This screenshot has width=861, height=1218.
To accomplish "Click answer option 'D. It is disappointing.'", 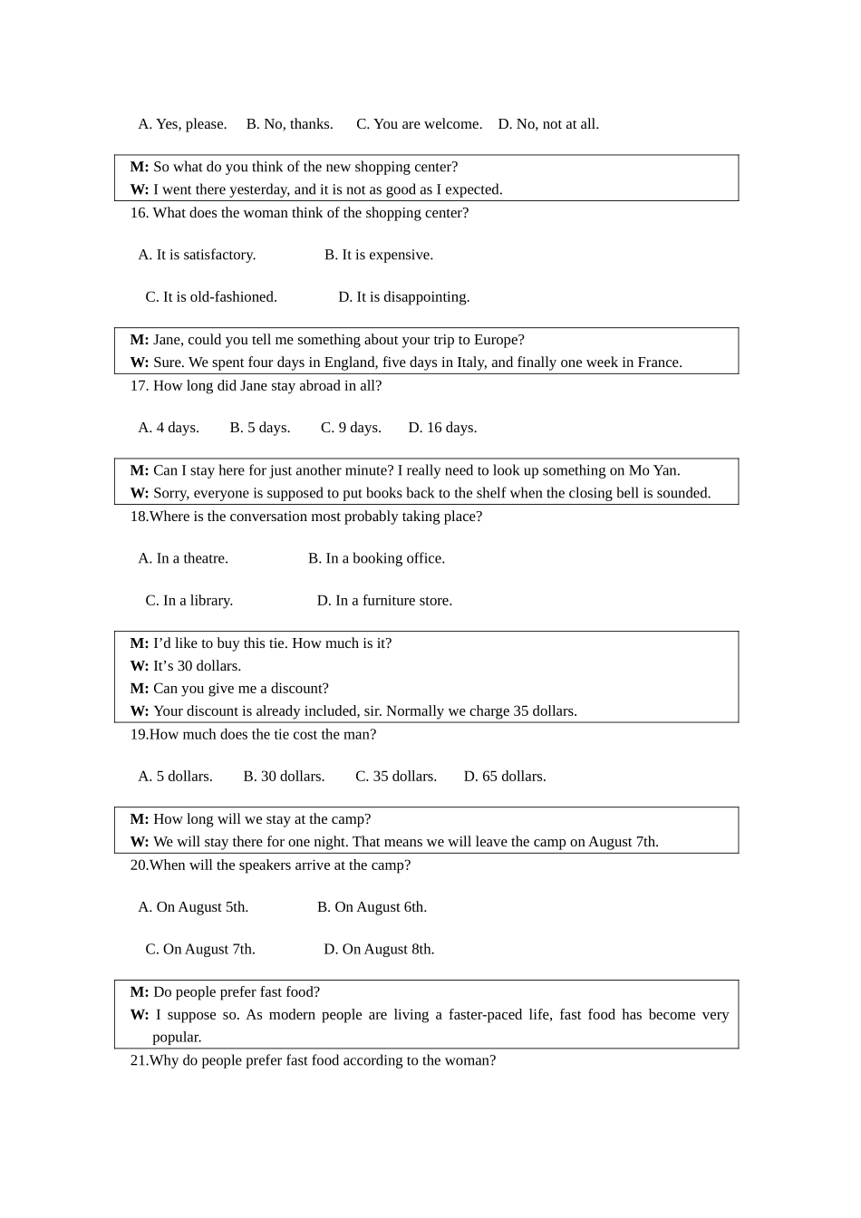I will pyautogui.click(x=404, y=297).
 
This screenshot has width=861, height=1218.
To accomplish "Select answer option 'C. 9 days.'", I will pyautogui.click(x=351, y=428).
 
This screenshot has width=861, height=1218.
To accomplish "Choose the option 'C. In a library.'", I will pyautogui.click(x=189, y=601).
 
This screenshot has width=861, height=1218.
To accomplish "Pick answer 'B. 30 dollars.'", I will pyautogui.click(x=284, y=777).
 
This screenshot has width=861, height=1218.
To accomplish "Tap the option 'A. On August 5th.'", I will pyautogui.click(x=193, y=907).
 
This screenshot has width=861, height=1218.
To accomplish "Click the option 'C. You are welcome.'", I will pyautogui.click(x=419, y=124).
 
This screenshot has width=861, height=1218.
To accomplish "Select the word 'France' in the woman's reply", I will pyautogui.click(x=659, y=362).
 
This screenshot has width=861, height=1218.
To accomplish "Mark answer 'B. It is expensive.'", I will pyautogui.click(x=379, y=256).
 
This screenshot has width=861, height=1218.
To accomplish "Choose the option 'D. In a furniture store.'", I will pyautogui.click(x=384, y=601).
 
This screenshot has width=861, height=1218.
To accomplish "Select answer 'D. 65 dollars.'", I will pyautogui.click(x=505, y=777).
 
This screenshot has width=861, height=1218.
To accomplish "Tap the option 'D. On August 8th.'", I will pyautogui.click(x=379, y=950).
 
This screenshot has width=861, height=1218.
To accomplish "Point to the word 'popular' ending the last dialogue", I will pyautogui.click(x=176, y=1038).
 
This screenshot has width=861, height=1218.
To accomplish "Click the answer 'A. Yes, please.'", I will pyautogui.click(x=182, y=124).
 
